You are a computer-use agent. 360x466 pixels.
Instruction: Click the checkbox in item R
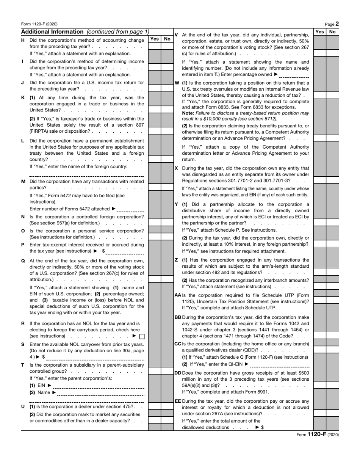click(x=142, y=336)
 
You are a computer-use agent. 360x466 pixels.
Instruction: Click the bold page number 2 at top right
click(x=337, y=24)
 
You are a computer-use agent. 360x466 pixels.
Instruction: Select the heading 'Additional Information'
click(x=52, y=32)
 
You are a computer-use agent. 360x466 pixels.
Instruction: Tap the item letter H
click(x=23, y=40)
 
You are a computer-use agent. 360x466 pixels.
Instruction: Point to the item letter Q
click(x=23, y=261)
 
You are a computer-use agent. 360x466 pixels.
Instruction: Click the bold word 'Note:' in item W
click(x=188, y=113)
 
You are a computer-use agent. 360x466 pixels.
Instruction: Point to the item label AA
click(x=178, y=295)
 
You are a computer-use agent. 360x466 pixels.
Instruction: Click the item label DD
click(x=178, y=373)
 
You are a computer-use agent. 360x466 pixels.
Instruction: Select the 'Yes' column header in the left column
click(x=154, y=39)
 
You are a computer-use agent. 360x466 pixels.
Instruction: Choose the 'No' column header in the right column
click(x=333, y=32)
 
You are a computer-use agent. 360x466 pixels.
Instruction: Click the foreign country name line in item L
click(x=86, y=175)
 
